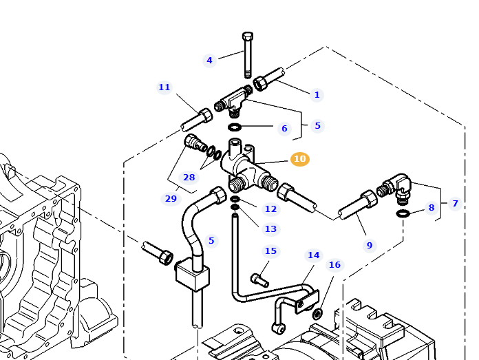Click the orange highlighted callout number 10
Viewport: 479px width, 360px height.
pos(299,159)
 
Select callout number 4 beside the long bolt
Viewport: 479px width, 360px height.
pos(210,60)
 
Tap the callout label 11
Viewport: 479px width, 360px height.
pos(164,87)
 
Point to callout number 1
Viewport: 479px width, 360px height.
pos(317,95)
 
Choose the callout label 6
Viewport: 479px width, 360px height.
pos(284,128)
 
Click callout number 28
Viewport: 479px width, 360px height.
pos(189,178)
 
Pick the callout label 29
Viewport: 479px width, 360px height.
pos(171,199)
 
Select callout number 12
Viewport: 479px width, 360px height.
pos(270,209)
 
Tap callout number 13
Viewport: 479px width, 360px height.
pos(270,229)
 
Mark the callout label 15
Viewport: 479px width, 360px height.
pos(270,251)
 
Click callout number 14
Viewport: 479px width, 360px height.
pos(313,255)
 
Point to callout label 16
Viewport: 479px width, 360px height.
pos(334,264)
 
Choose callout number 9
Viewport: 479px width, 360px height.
pos(369,245)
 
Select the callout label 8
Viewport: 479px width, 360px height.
pos(432,207)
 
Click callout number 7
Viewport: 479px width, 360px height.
pos(454,203)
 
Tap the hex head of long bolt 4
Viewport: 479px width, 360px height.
pos(248,36)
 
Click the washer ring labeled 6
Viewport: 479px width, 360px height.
pos(235,127)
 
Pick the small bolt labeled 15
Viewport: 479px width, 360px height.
pos(259,279)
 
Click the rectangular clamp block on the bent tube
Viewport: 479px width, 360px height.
pos(193,275)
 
